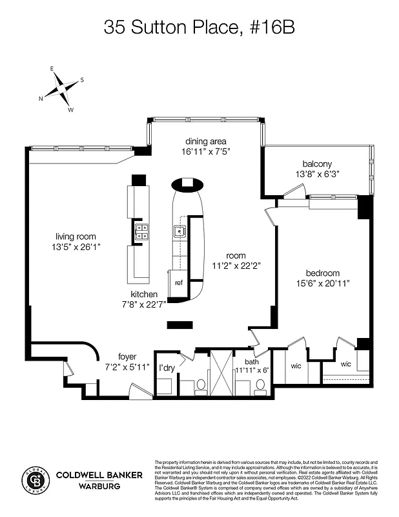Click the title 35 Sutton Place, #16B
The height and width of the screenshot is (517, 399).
tap(199, 27)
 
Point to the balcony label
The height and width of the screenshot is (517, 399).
tap(316, 164)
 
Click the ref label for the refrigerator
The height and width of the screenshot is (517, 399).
tap(179, 282)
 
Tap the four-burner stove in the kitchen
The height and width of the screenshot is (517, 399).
tap(141, 232)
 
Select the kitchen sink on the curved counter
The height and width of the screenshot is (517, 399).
tap(178, 231)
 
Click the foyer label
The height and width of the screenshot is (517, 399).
tap(130, 356)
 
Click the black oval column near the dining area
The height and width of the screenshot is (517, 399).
tap(187, 184)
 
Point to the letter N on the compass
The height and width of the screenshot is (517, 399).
tap(41, 98)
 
